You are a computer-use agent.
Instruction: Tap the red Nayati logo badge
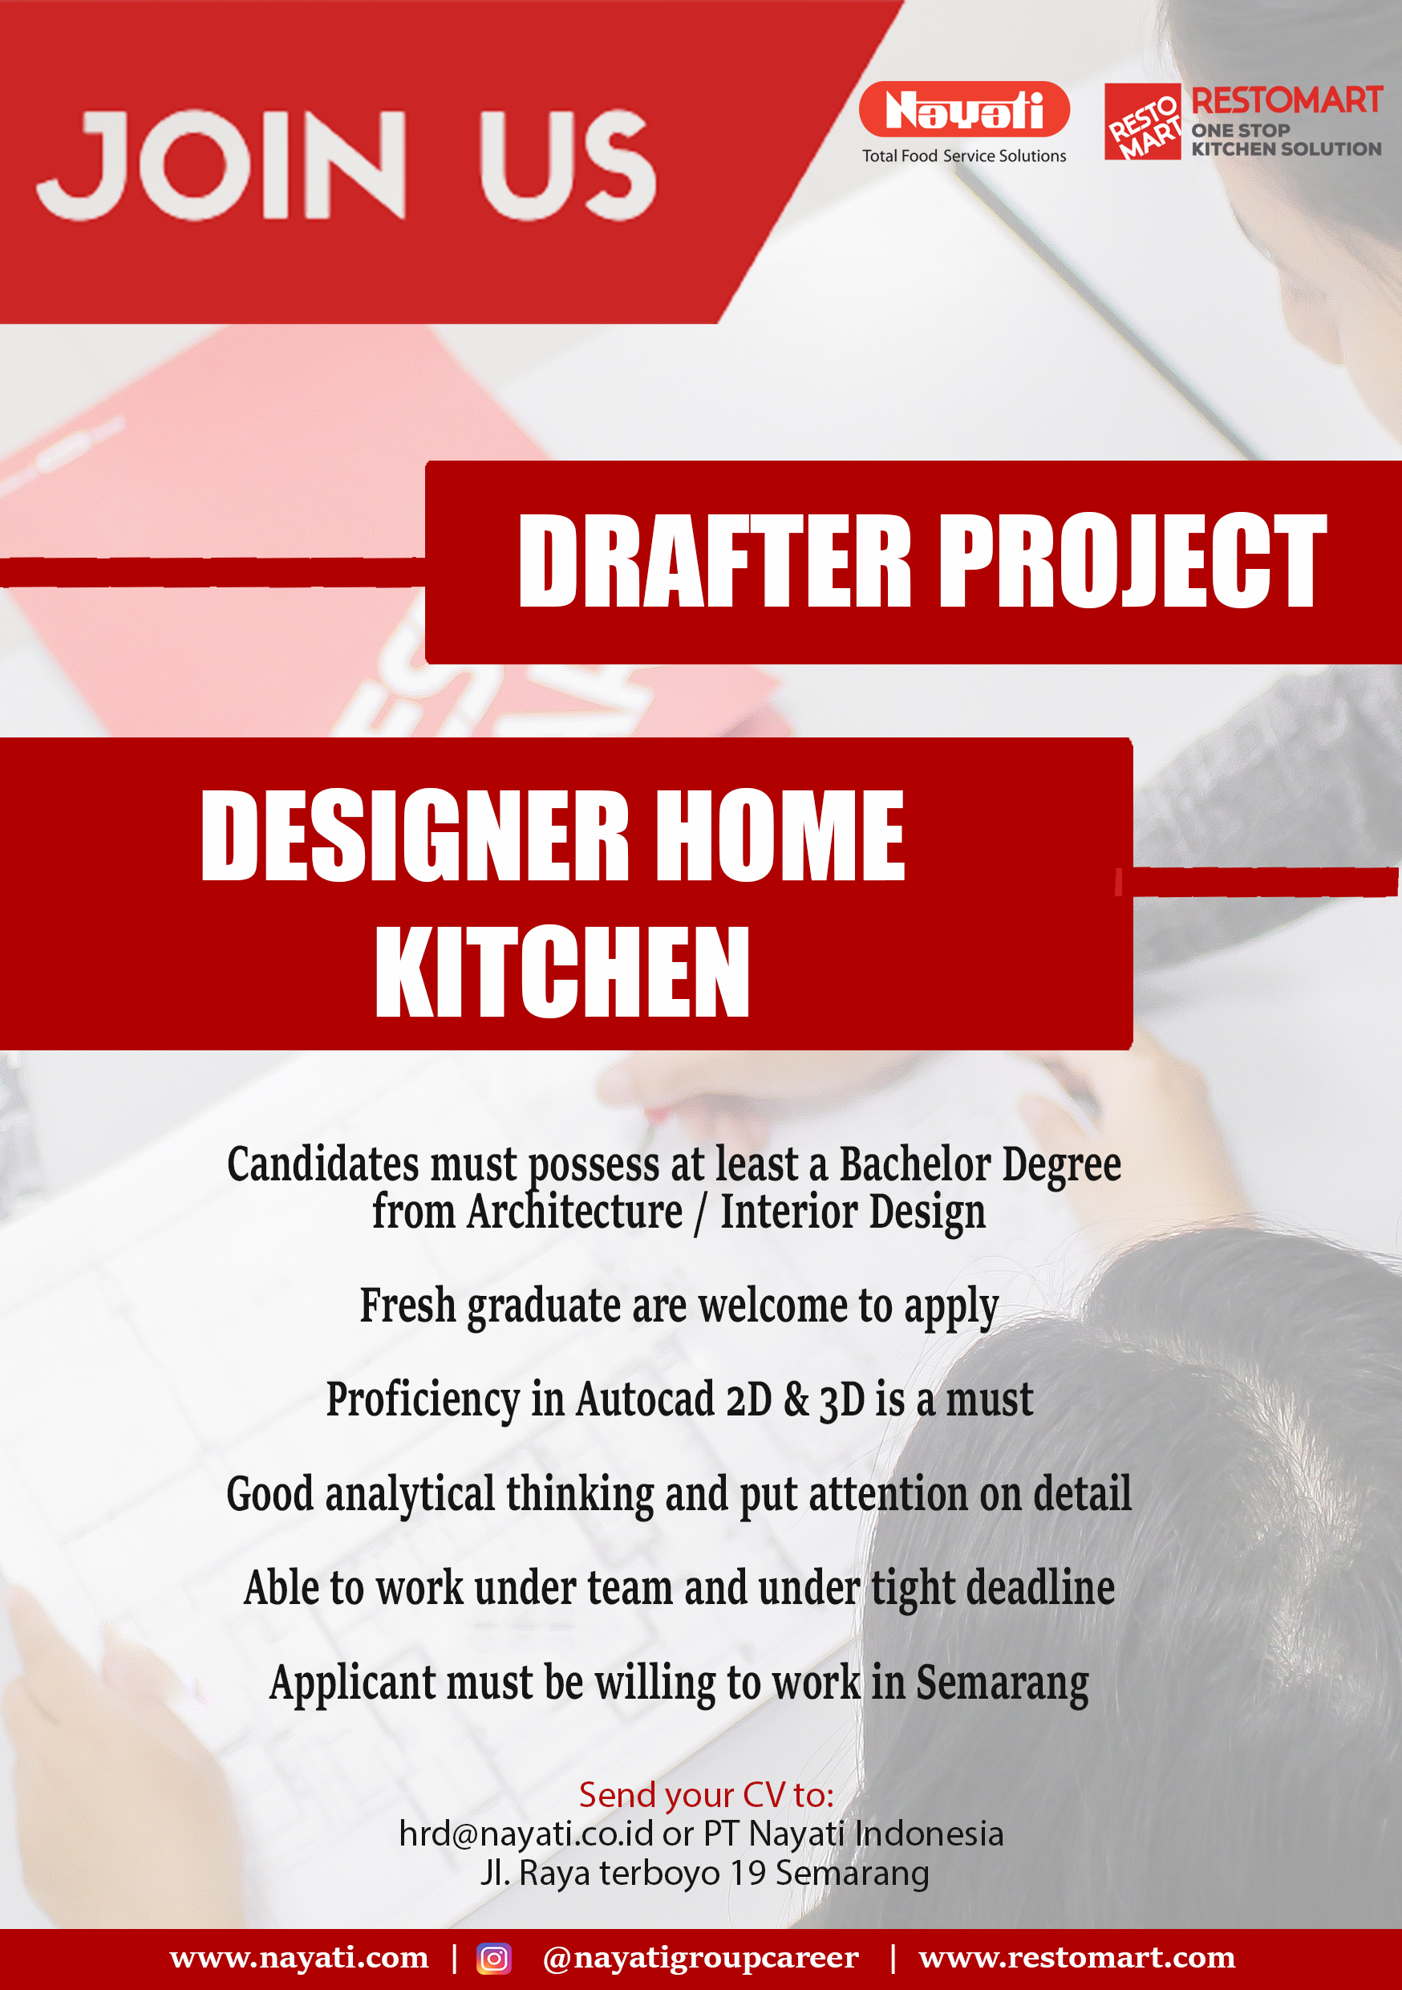pos(964,109)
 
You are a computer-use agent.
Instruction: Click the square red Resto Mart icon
pos(1143,122)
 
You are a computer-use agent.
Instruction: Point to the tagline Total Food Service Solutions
pos(964,156)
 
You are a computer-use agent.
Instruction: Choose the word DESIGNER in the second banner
pos(414,835)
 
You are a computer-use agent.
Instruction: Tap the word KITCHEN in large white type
pos(562,971)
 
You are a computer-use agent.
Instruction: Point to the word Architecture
pos(574,1211)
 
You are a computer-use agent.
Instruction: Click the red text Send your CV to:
pos(706,1795)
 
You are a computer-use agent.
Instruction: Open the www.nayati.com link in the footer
pos(299,1957)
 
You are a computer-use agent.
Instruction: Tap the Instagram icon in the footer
pos(494,1958)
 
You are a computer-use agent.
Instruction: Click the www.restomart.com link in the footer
pos(1077,1957)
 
